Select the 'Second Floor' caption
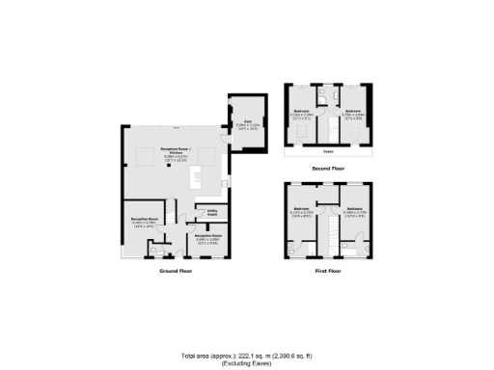click(x=328, y=167)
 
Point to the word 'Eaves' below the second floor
click(x=328, y=149)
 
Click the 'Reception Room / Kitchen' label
click(x=176, y=154)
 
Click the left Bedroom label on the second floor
click(x=301, y=113)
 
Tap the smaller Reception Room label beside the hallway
click(x=209, y=237)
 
